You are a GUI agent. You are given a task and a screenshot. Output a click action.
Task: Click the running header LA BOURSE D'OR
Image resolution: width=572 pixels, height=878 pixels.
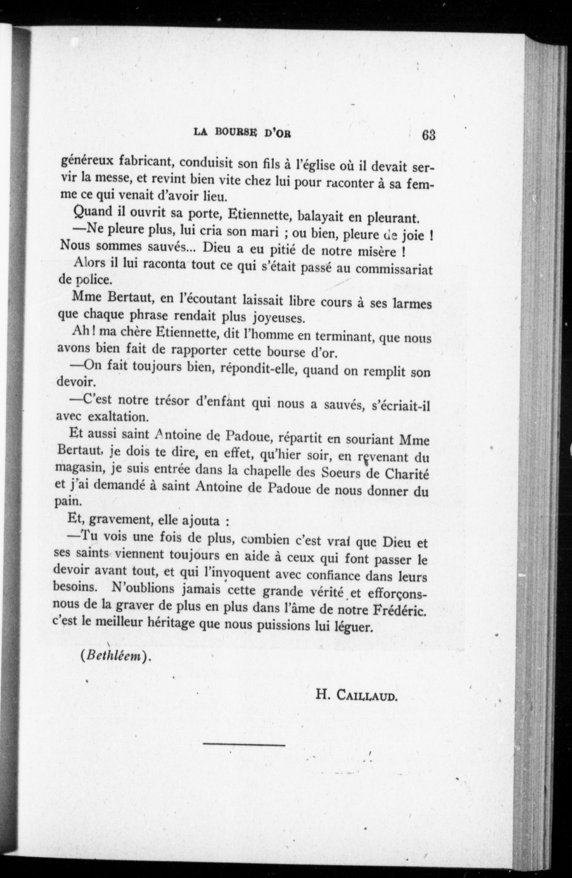[242, 133]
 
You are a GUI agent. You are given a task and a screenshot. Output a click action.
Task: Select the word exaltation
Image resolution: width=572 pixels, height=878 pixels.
[117, 417]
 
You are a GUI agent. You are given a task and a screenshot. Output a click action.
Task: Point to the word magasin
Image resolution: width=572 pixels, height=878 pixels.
[76, 468]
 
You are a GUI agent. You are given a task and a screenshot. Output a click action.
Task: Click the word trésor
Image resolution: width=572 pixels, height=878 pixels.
[167, 400]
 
